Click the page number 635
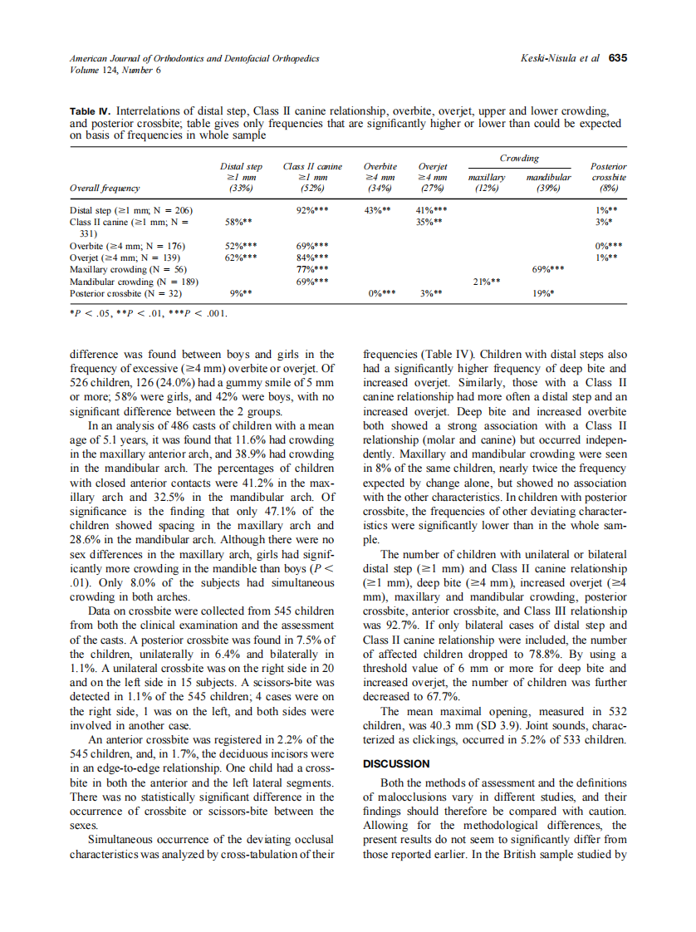pos(617,58)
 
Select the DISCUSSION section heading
pos(396,763)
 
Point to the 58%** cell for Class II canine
pos(239,223)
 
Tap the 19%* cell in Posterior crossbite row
pos(543,293)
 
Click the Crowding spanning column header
pos(519,159)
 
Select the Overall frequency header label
pos(105,189)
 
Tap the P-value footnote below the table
pos(148,314)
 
